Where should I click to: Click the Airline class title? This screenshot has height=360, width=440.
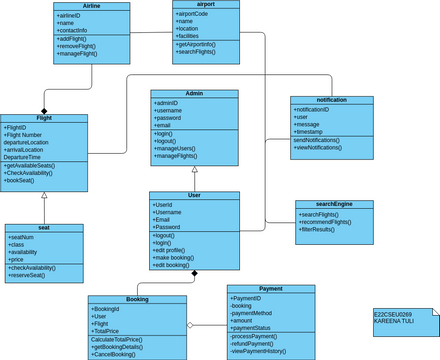point(91,6)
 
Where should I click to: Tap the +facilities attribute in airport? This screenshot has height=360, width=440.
point(193,35)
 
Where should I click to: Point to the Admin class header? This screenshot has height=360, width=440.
point(194,93)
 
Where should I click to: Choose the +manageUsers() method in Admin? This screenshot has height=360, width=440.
point(182,148)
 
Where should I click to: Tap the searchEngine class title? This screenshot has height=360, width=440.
point(334,204)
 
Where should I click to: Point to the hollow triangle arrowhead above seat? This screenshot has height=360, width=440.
point(44,195)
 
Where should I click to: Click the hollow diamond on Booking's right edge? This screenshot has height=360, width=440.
point(191,326)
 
